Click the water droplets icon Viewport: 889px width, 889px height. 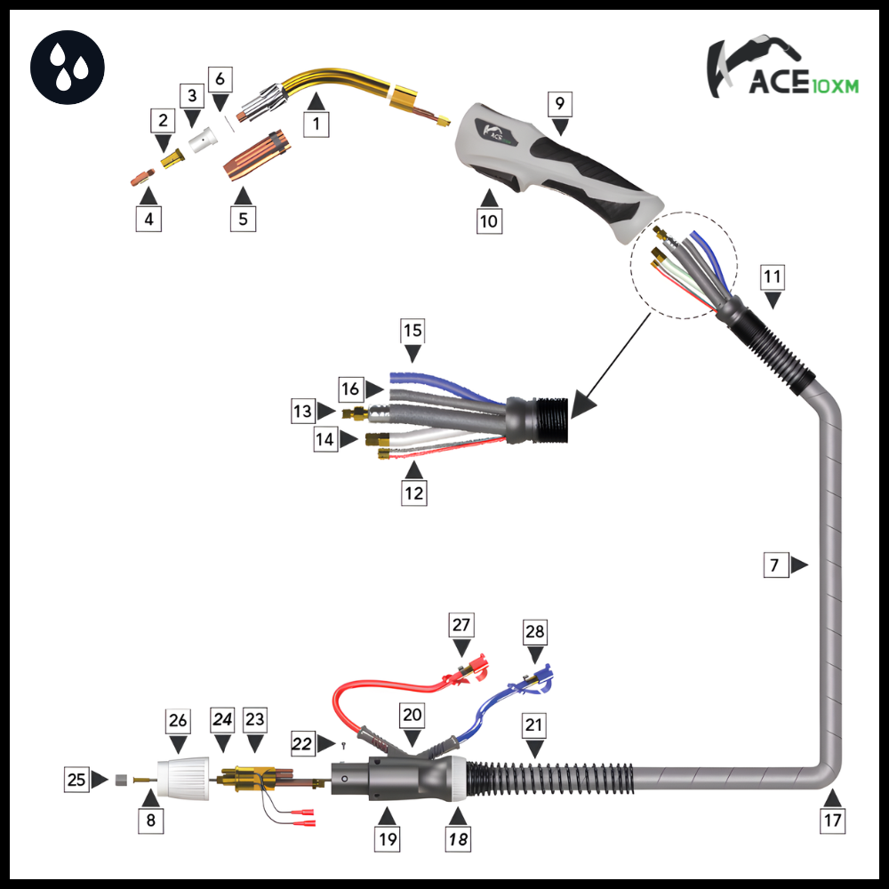click(x=68, y=67)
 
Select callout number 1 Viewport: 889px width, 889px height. click(x=316, y=123)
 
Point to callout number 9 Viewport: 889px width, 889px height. click(x=559, y=104)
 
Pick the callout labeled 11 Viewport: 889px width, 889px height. click(x=773, y=277)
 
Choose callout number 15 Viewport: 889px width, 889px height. click(x=412, y=332)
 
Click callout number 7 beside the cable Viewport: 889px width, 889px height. click(x=775, y=565)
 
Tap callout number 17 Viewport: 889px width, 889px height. click(x=832, y=821)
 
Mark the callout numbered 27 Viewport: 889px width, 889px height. click(x=461, y=625)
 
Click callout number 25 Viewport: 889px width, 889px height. click(x=76, y=780)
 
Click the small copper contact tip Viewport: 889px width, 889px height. click(x=140, y=175)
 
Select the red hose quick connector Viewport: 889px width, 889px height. click(x=469, y=670)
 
